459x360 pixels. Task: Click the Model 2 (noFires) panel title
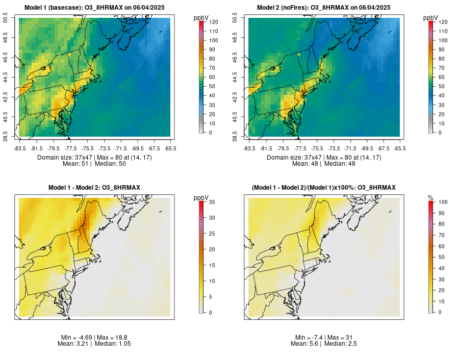324,7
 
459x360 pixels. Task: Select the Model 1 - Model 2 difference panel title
94,188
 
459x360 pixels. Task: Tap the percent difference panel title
324,188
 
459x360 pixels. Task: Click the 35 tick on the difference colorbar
211,202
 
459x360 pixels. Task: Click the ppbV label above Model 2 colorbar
431,18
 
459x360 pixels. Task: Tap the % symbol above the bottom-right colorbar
430,197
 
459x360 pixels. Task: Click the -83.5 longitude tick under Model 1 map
20,148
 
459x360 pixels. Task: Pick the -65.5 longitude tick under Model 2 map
400,148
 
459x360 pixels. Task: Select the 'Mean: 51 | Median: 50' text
94,164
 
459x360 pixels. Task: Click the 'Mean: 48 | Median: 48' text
324,164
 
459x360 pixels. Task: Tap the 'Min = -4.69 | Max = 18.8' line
94,338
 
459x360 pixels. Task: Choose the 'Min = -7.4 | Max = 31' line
324,338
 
